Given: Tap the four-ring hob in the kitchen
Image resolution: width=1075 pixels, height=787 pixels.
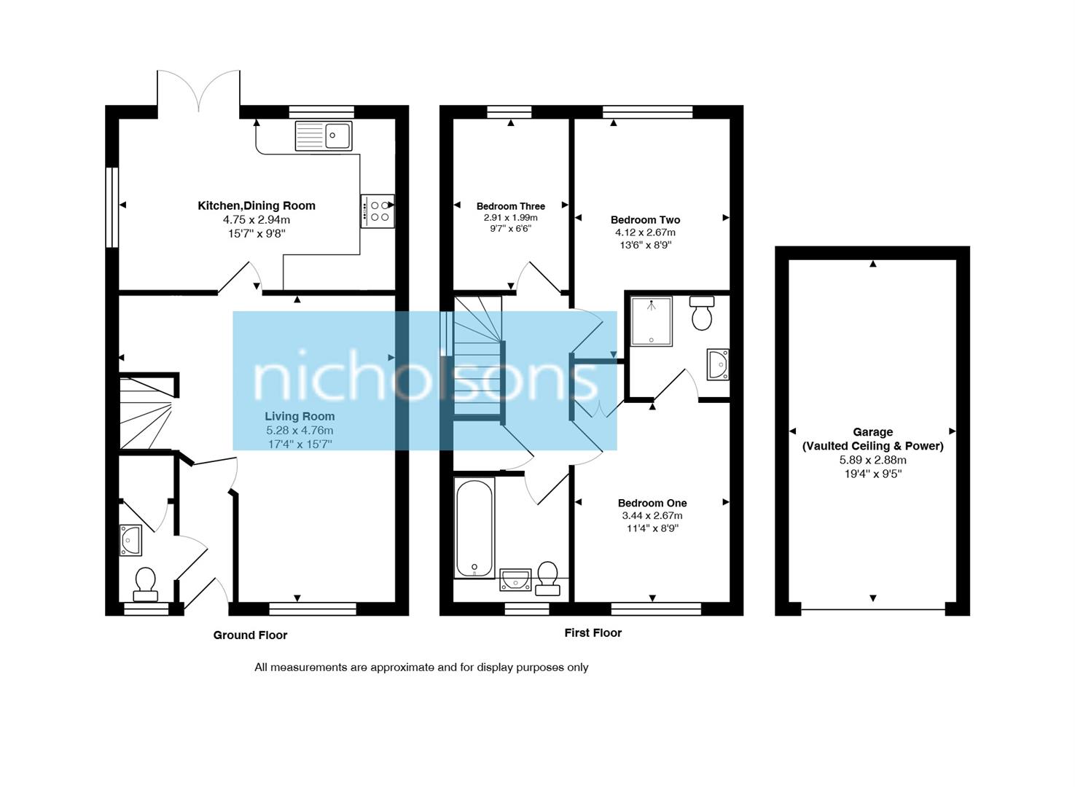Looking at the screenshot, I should coord(378,211).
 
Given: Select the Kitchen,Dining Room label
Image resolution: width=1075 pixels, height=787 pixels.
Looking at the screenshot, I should coord(257,206).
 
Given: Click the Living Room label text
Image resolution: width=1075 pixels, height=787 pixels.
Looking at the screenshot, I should coord(300,417).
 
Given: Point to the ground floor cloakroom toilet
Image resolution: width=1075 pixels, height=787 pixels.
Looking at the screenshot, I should coord(145,582).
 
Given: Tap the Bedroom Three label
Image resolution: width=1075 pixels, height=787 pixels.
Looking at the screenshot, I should coord(510,207).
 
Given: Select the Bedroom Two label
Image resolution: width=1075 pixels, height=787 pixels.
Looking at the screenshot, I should coord(645,220).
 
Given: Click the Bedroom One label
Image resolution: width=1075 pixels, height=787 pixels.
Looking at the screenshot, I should coord(652,503).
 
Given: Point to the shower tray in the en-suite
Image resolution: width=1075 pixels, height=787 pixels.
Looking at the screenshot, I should coord(652,320).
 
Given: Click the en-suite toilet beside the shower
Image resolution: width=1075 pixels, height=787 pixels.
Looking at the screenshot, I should coord(702,313).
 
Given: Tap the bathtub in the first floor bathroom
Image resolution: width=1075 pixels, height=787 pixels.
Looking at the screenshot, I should coord(474,528).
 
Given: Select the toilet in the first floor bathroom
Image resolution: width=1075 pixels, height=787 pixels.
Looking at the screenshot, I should coord(547,576).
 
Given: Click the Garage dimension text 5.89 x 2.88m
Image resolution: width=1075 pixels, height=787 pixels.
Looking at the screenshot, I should coord(872,461).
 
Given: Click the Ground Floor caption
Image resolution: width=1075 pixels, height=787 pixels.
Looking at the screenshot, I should coord(250,635).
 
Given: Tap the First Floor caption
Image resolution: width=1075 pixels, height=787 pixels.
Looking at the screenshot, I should coord(593,633).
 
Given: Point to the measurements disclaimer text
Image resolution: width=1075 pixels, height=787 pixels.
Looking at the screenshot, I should coord(421,667).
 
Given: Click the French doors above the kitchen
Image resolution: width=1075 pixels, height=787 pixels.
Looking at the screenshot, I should coord(199,90).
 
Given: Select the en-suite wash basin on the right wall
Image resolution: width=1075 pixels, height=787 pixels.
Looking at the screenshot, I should coord(718,364).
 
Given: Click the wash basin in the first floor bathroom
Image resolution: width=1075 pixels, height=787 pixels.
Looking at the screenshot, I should coord(515,580).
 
